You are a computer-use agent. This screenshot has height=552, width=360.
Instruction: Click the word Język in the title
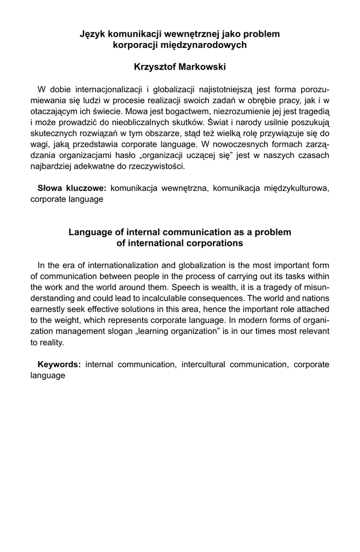click(x=92, y=34)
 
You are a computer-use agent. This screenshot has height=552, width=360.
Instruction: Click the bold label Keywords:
click(x=59, y=364)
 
